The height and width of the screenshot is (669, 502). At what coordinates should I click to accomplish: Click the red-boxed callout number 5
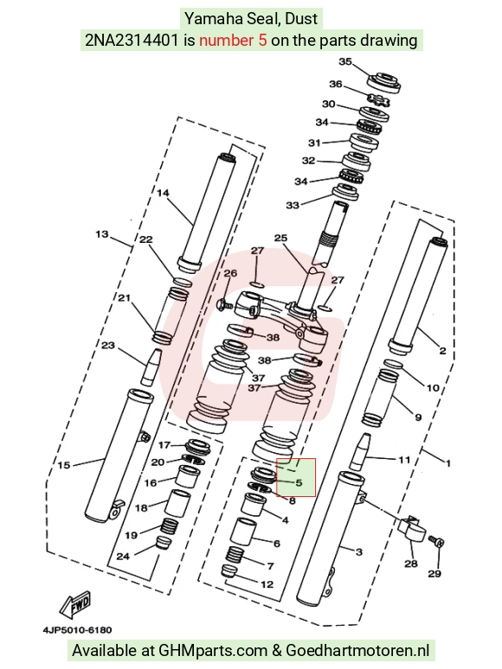(x=299, y=482)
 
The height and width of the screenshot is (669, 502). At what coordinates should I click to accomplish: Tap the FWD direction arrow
(x=75, y=605)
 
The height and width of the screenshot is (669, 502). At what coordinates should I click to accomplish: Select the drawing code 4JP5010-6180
(x=77, y=630)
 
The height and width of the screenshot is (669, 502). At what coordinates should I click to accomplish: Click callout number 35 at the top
(x=345, y=61)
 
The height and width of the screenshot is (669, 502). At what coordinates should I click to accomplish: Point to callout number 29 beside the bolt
(x=434, y=573)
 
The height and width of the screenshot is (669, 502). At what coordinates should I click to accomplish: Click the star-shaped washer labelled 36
(x=378, y=100)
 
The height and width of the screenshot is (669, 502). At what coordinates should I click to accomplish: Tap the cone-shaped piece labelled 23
(x=151, y=367)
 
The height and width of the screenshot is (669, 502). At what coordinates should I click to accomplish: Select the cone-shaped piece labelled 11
(x=359, y=451)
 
